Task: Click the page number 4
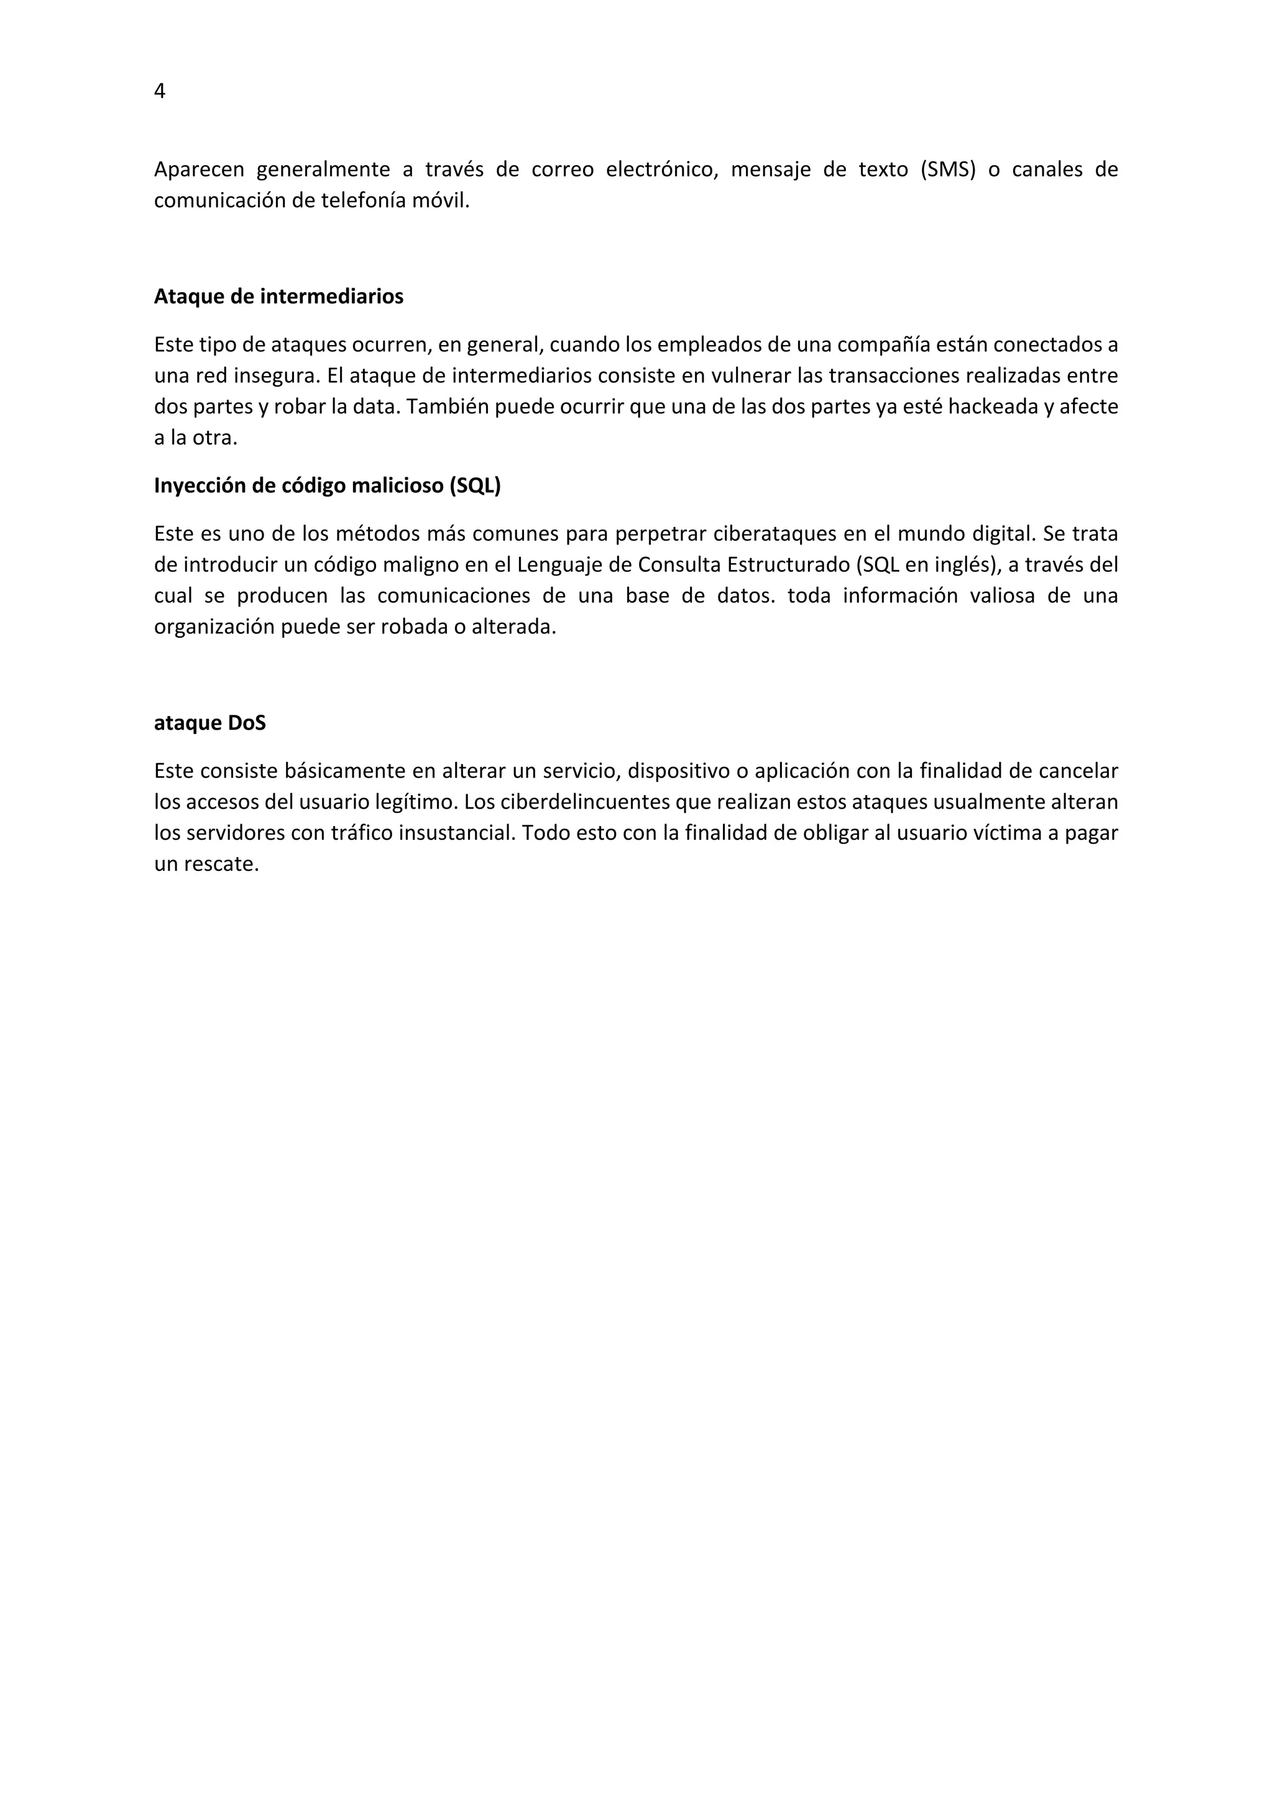coord(160,92)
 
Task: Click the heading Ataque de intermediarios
coord(278,296)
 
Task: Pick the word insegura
coord(277,375)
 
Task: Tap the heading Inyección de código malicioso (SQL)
coord(327,486)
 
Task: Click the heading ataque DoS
coord(209,723)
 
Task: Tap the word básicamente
coord(345,771)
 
